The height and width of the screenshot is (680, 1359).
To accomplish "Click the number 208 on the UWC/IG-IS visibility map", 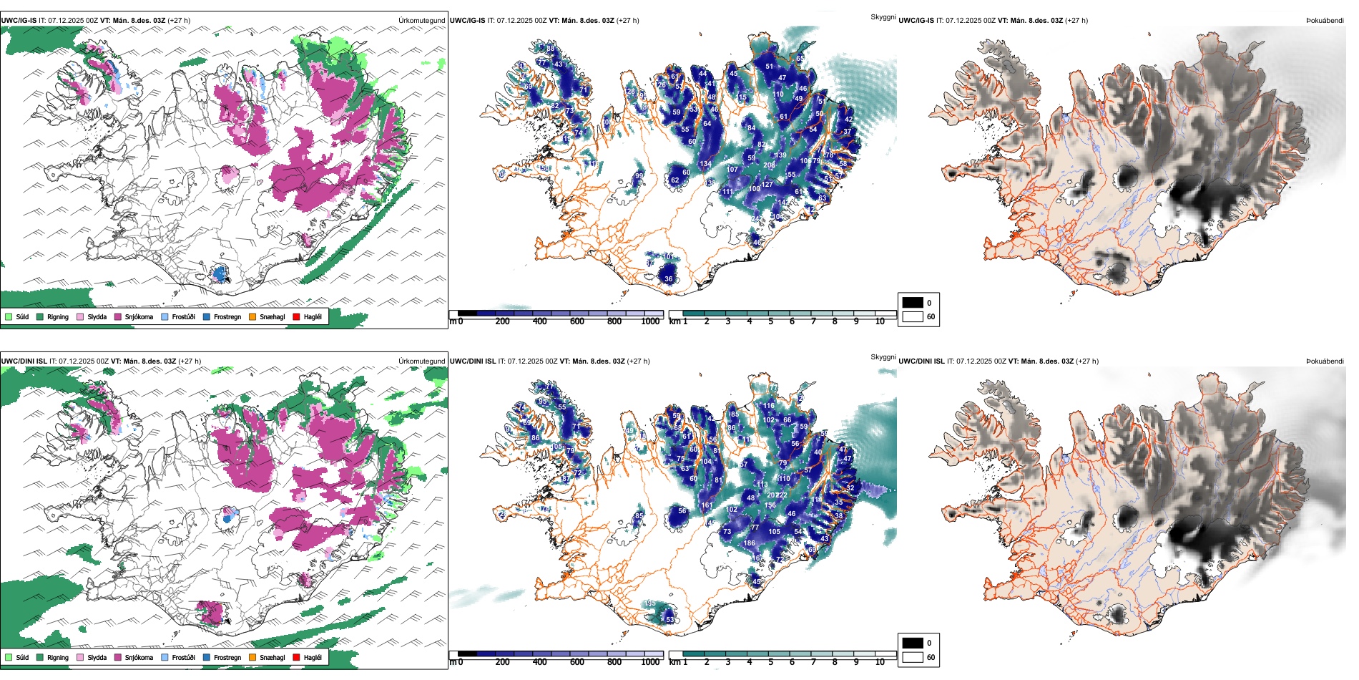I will (x=769, y=165).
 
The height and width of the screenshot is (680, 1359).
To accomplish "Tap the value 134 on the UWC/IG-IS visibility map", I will (x=706, y=164).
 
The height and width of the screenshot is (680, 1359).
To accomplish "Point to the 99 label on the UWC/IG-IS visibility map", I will (x=639, y=175).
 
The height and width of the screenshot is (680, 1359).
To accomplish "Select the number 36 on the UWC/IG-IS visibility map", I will (x=669, y=279).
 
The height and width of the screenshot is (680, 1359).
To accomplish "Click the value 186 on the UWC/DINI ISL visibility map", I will (x=749, y=543).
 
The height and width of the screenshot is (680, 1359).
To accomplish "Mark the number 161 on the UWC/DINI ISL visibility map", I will (x=707, y=505).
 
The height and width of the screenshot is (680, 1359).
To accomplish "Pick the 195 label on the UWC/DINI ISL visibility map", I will (x=650, y=604).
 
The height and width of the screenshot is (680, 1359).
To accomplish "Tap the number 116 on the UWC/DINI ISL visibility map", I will (x=768, y=406).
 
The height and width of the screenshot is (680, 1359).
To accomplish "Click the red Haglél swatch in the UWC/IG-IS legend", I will (x=297, y=316).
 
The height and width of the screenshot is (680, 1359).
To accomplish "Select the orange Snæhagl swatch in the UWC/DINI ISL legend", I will (x=252, y=657).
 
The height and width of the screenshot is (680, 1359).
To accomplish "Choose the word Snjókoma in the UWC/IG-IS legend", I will (x=139, y=316).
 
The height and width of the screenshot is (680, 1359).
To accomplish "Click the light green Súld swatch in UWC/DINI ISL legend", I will (x=9, y=657).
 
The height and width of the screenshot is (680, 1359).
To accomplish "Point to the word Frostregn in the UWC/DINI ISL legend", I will (x=227, y=657).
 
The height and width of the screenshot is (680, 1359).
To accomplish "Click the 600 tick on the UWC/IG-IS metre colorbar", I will (x=577, y=321).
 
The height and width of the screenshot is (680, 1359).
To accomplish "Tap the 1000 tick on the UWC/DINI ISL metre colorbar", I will (x=650, y=662).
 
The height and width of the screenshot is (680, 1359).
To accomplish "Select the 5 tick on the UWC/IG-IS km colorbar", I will (x=770, y=321).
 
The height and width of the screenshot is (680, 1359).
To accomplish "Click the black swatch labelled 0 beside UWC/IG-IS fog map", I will (x=913, y=303).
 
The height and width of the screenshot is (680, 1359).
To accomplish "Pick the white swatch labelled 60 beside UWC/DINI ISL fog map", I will (x=913, y=657).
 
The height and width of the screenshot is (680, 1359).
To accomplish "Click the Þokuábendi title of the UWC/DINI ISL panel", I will (x=1325, y=361).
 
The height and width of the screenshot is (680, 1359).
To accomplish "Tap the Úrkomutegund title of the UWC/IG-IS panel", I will (x=421, y=21).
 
